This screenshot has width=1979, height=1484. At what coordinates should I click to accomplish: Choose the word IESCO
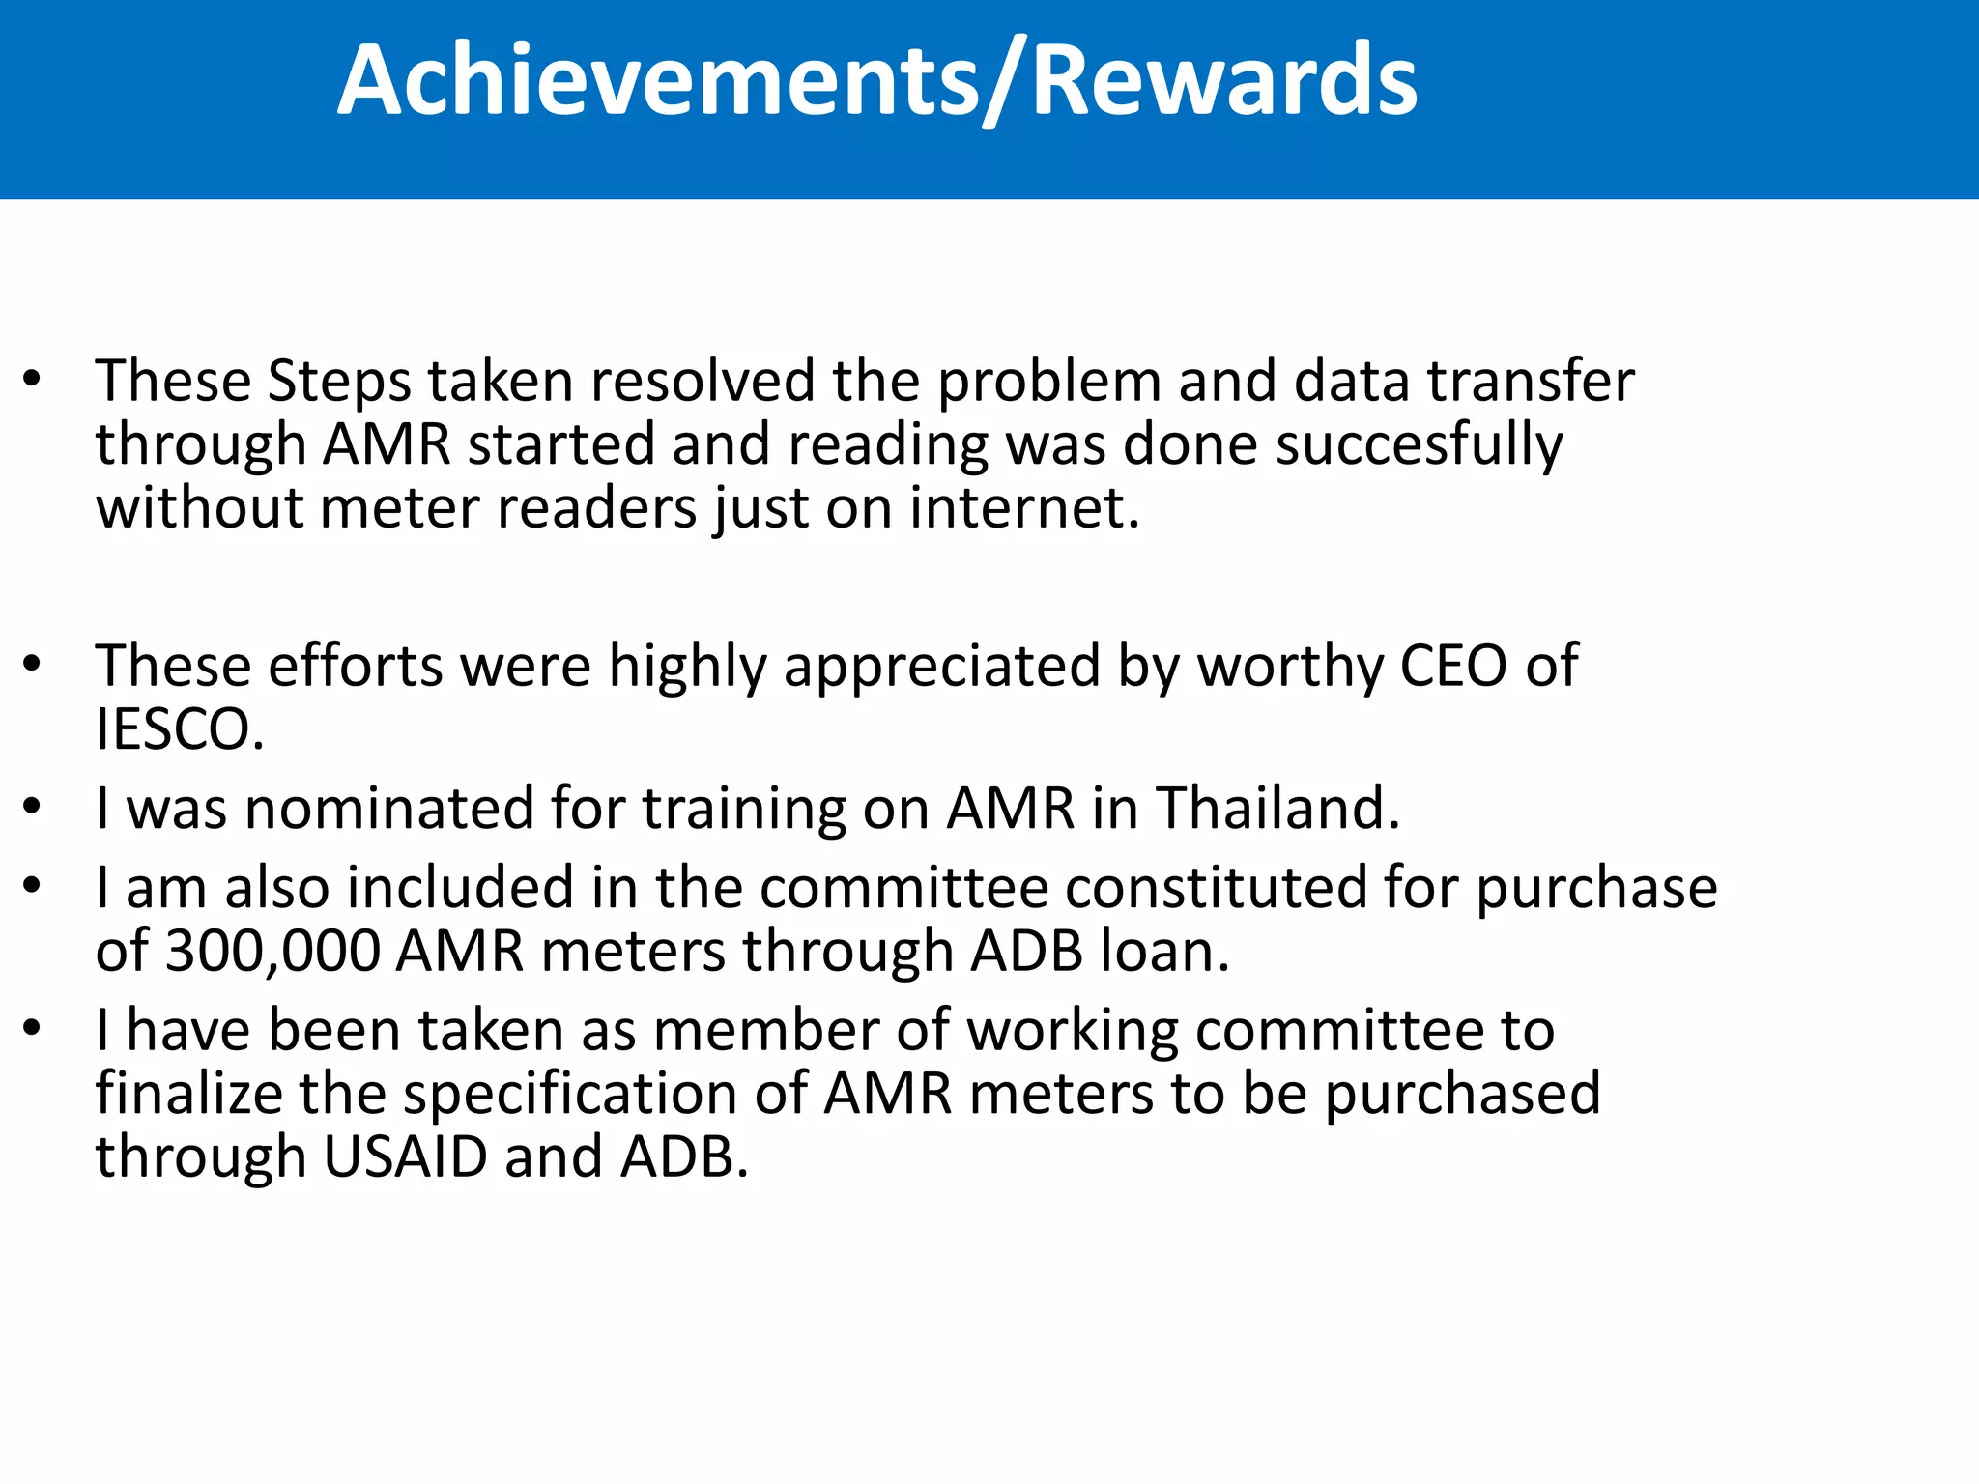pos(180,730)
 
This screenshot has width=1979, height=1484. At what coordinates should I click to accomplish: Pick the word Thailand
pos(1277,809)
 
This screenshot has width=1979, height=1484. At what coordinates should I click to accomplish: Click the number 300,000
pos(272,952)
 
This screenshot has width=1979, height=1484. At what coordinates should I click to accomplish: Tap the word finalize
pos(188,1095)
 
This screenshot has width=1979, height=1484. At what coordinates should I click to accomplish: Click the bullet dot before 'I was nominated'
pos(32,808)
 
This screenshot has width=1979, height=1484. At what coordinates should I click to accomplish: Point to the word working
pos(1073,1032)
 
